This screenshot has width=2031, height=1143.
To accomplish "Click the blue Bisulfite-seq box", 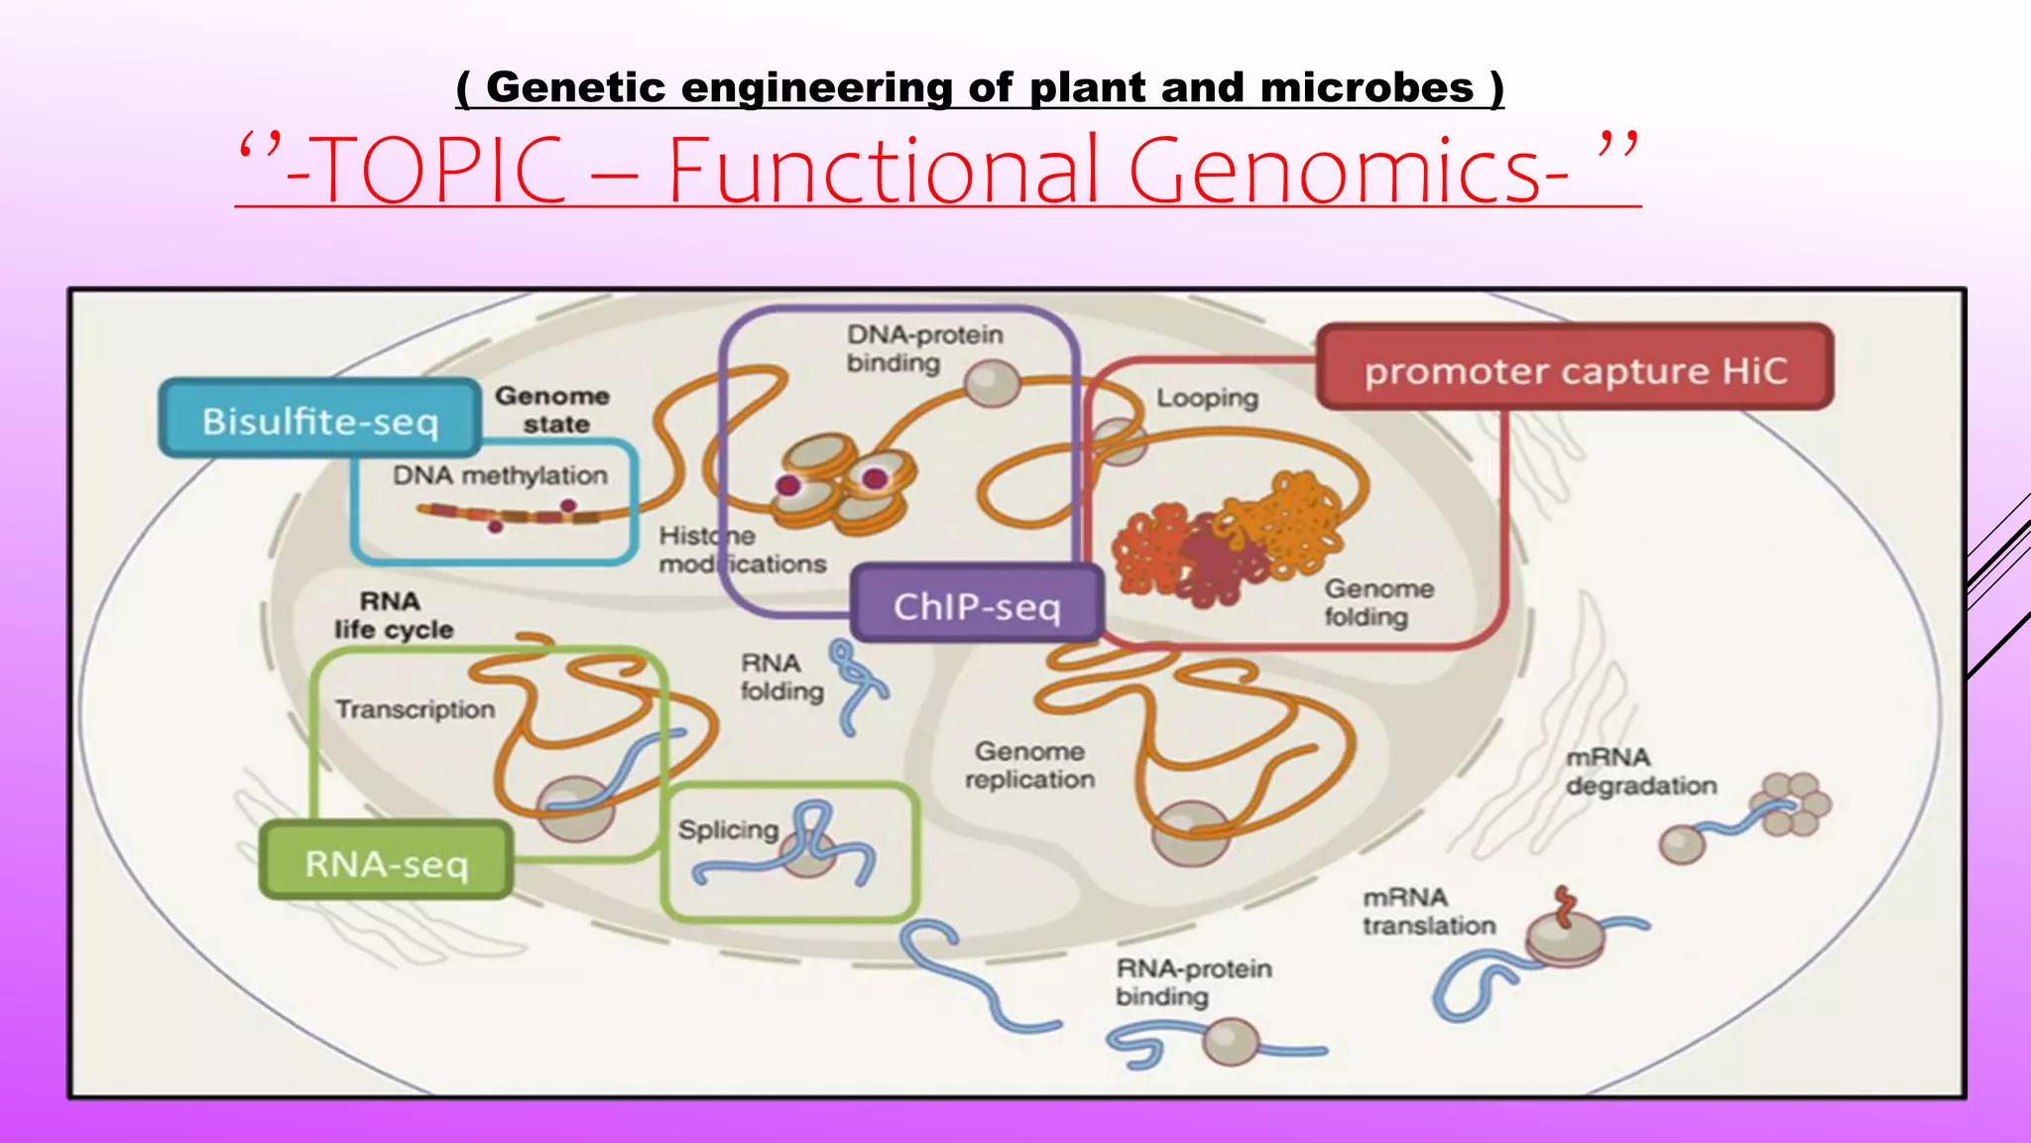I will point(319,420).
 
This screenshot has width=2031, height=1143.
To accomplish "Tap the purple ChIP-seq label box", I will point(977,604).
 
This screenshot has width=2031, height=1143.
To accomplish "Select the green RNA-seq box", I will point(386,862).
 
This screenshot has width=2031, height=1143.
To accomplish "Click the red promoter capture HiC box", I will point(1575,369).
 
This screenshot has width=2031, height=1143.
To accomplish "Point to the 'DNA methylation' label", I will point(500,475).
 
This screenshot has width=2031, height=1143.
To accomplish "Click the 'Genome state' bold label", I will point(553,409).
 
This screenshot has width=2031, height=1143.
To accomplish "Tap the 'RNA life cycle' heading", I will point(393,615).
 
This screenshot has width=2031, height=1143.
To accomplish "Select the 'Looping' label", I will point(1206,398).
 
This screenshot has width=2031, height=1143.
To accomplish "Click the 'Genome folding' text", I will point(1377,602).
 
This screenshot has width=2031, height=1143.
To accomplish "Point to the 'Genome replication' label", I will point(1029,765).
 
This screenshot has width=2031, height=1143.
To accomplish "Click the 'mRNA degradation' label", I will point(1640,771).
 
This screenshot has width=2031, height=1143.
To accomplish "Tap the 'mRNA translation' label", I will point(1428,911).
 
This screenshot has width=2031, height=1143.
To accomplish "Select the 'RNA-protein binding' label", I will point(1193,981).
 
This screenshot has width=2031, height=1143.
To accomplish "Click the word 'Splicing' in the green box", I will point(728,828).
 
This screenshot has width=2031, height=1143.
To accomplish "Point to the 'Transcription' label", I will point(415,708).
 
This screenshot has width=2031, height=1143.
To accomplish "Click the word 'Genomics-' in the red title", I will point(1349,171).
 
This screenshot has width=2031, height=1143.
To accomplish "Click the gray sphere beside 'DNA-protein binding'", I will point(993,383).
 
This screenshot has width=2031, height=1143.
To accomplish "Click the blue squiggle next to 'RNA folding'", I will point(857,685).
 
